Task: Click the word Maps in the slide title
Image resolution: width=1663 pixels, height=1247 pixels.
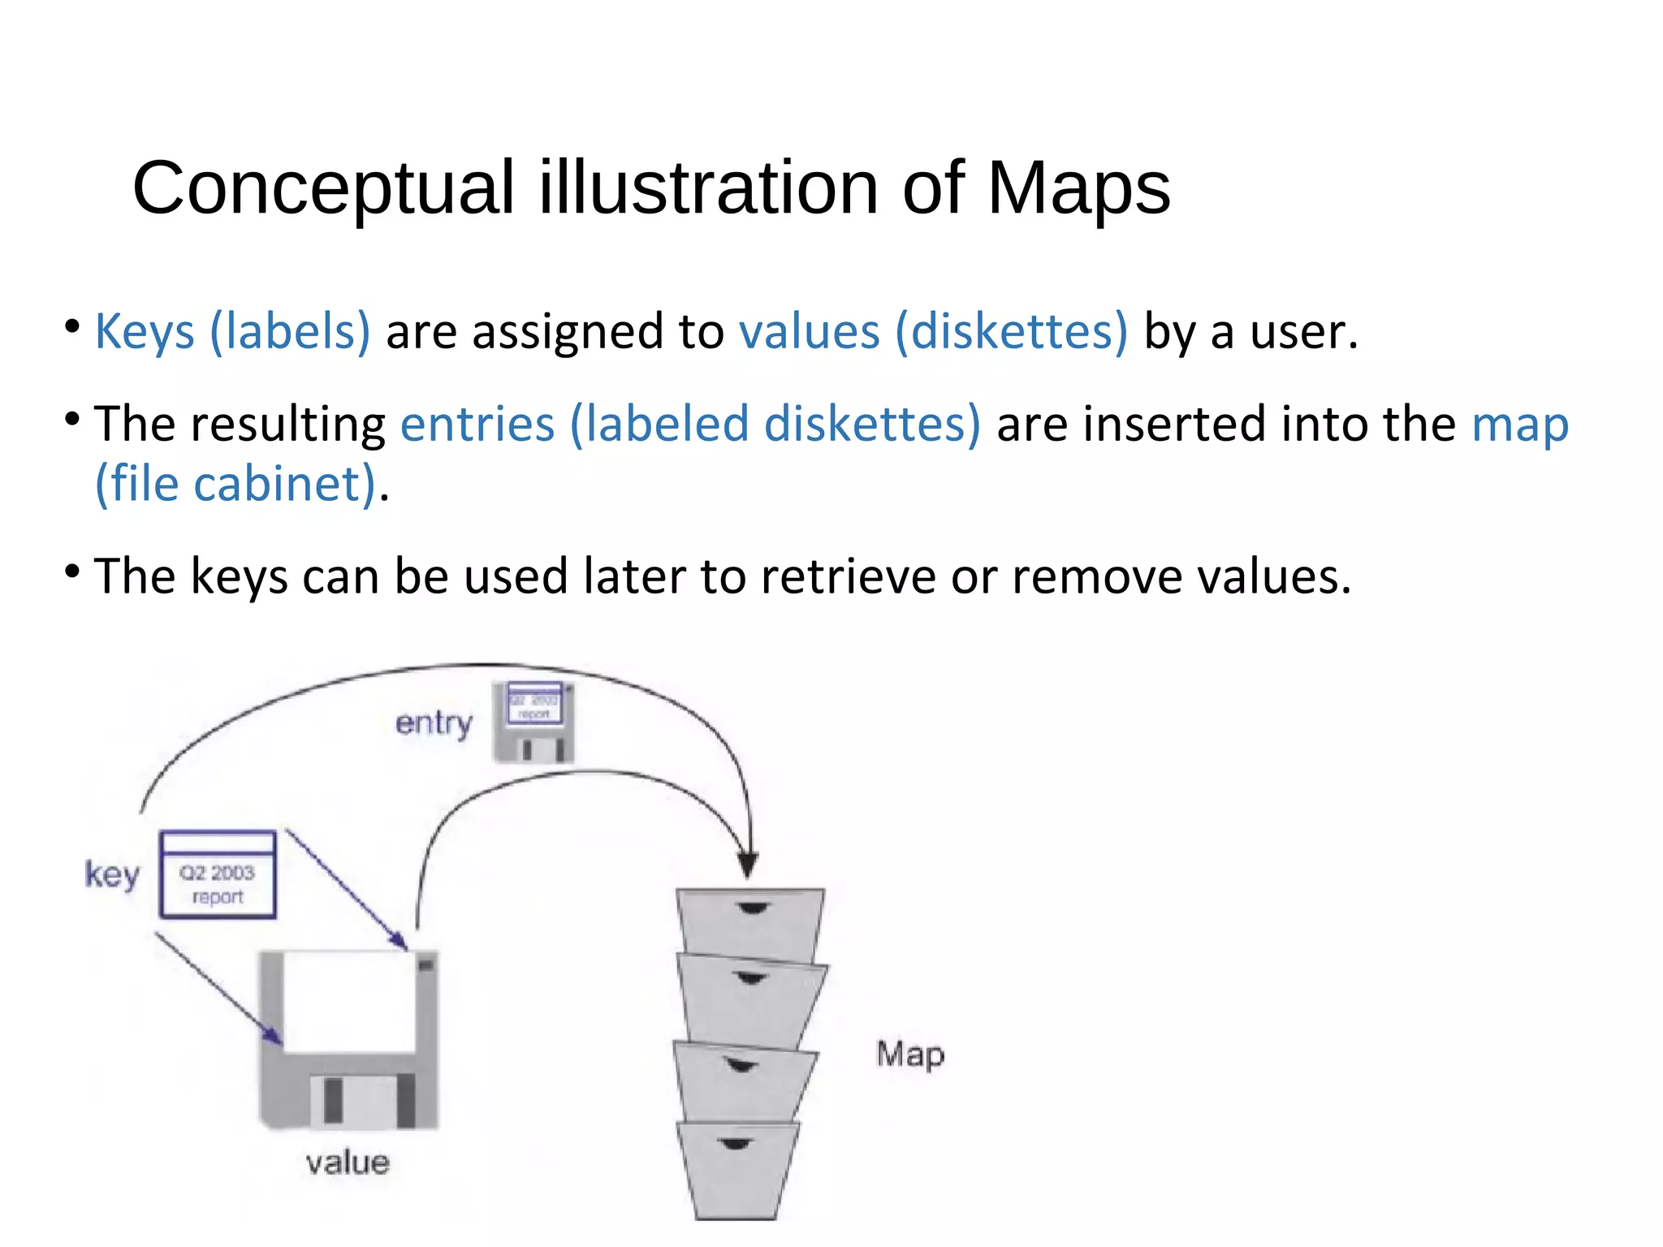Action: click(1078, 188)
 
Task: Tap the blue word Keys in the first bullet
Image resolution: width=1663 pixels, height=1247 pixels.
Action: click(145, 332)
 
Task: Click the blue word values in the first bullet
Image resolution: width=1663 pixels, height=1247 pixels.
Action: click(809, 332)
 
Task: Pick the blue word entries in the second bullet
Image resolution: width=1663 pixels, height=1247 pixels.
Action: click(477, 425)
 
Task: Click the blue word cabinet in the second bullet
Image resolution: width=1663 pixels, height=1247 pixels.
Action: click(283, 485)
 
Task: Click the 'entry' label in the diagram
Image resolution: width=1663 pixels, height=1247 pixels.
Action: click(434, 723)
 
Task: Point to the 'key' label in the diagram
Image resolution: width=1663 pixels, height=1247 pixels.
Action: click(112, 874)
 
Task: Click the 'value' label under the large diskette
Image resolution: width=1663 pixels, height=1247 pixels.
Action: click(348, 1163)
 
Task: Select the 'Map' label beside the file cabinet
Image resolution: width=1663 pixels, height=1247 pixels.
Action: click(910, 1055)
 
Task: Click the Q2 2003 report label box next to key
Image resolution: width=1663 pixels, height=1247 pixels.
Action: click(218, 875)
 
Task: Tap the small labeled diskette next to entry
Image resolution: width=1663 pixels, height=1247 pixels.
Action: click(533, 722)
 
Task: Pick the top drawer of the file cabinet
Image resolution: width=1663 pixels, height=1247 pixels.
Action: click(750, 921)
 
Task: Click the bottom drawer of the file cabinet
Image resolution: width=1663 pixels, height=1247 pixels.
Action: click(736, 1169)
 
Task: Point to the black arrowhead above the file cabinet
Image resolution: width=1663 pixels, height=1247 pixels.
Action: click(748, 864)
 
